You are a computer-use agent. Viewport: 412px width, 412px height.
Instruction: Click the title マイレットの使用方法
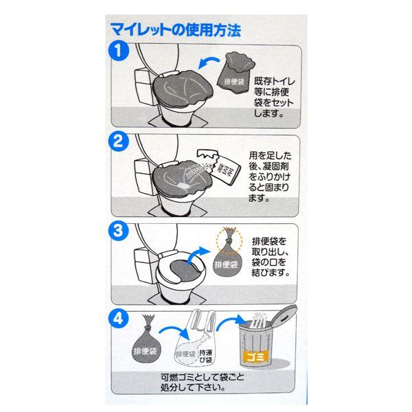tap(175, 30)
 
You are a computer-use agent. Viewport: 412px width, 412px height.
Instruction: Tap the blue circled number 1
tap(119, 50)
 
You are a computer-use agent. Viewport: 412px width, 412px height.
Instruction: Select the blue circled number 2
tap(119, 141)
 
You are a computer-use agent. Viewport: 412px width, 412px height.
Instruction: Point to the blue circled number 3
tap(118, 231)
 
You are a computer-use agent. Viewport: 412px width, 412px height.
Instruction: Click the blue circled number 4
tap(119, 319)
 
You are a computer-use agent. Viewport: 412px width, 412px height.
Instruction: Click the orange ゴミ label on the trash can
tap(255, 356)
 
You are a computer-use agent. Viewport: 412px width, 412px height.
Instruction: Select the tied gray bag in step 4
tap(146, 341)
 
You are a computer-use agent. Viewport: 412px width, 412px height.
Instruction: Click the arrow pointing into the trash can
tap(231, 321)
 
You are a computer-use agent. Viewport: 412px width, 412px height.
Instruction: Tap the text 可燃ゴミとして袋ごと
tap(203, 377)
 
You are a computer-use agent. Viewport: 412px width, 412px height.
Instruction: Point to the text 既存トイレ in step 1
tap(274, 81)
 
